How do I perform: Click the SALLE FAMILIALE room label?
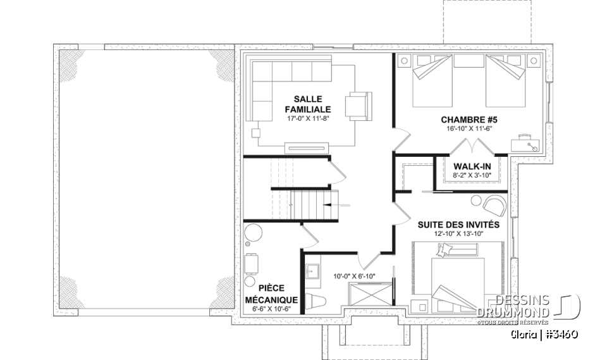point(308,104)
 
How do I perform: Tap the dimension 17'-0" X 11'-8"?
point(308,118)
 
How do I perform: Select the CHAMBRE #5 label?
point(467,119)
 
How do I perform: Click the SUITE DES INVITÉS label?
point(458,225)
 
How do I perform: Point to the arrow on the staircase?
point(341,205)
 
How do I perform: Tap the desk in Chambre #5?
point(527,141)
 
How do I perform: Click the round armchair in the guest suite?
point(492,204)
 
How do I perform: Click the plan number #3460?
point(558,333)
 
